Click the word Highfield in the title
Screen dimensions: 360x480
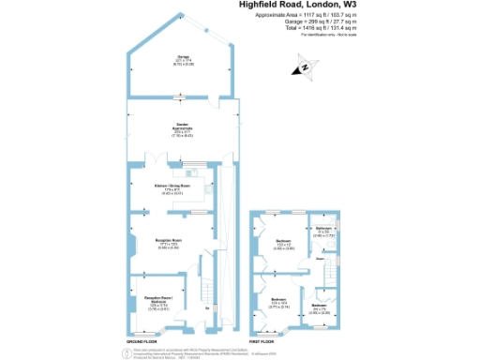pos(265,6)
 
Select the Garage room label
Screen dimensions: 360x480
pos(182,58)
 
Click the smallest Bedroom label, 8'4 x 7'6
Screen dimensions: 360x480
pos(319,307)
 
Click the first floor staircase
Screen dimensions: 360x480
pos(330,273)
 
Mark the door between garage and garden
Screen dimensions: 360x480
pos(182,97)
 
